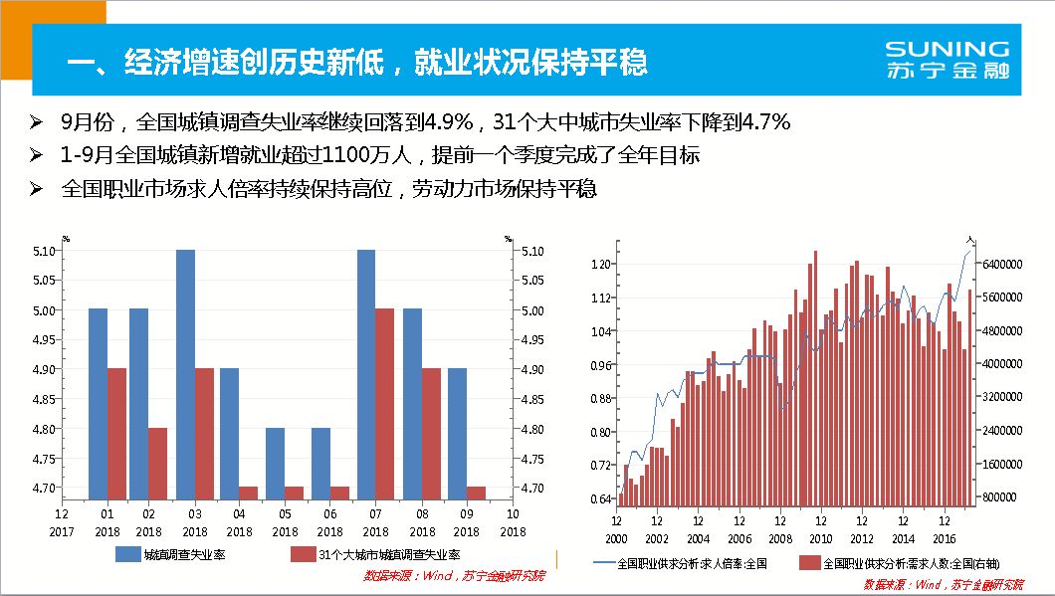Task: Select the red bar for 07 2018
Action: [x=384, y=403]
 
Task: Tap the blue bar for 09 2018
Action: [x=457, y=433]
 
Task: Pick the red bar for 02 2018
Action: [x=157, y=463]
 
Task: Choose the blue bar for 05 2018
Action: [x=275, y=463]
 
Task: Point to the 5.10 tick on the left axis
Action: [x=43, y=251]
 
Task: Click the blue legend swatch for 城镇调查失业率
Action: [x=126, y=554]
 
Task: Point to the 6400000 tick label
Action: [x=1003, y=265]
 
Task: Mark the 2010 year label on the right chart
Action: [x=820, y=538]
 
